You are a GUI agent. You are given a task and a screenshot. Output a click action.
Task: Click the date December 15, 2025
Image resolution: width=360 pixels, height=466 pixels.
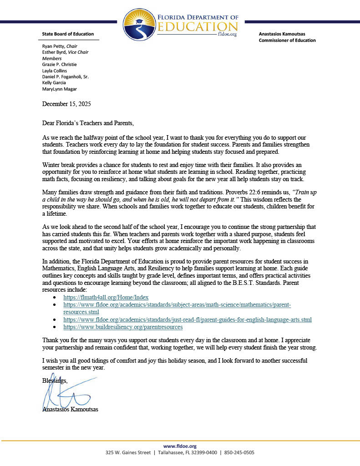pos(66,104)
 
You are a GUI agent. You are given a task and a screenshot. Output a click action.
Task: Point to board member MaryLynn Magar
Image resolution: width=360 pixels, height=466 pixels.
pos(59,89)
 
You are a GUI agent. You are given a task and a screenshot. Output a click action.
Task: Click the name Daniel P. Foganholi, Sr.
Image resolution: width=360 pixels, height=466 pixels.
pos(65,77)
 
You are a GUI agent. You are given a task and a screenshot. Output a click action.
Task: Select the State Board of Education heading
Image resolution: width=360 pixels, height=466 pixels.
pos(68,34)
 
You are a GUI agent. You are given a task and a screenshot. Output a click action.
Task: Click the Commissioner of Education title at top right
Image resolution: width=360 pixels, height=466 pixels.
pos(287,41)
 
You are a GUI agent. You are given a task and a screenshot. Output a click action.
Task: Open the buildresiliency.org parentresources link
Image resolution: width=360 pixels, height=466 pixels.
pos(123,327)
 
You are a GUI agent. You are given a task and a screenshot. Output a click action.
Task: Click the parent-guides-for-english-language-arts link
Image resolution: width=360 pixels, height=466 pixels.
pos(188,320)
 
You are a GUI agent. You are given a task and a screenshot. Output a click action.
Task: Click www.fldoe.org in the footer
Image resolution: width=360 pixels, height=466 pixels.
pos(180,446)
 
